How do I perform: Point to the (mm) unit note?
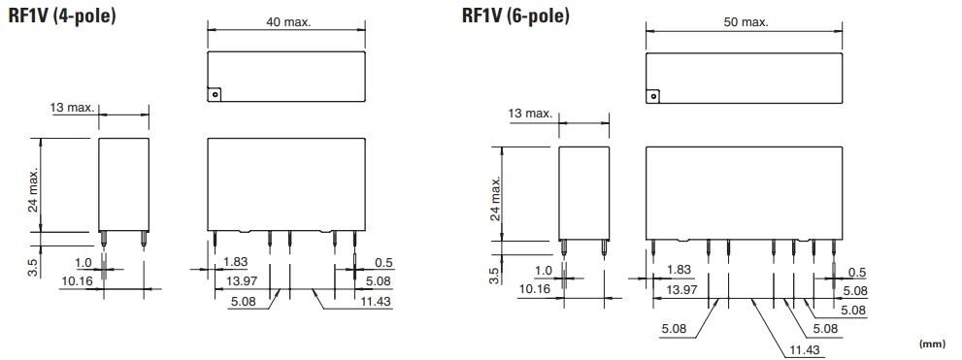click(x=932, y=344)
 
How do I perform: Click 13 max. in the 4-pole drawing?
click(x=74, y=107)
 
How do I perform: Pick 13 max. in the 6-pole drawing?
click(x=530, y=115)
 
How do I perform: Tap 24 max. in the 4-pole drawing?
click(x=33, y=188)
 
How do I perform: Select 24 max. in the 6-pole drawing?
click(x=496, y=200)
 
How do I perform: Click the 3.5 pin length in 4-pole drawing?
click(x=33, y=265)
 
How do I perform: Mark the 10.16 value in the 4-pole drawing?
click(x=77, y=281)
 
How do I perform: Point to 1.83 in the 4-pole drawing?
click(x=235, y=262)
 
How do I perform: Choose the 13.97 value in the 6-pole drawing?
click(x=682, y=290)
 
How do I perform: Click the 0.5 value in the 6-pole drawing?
click(x=857, y=273)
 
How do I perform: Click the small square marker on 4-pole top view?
click(x=216, y=94)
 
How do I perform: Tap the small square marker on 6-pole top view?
click(x=653, y=95)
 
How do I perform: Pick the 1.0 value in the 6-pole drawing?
click(x=543, y=271)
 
